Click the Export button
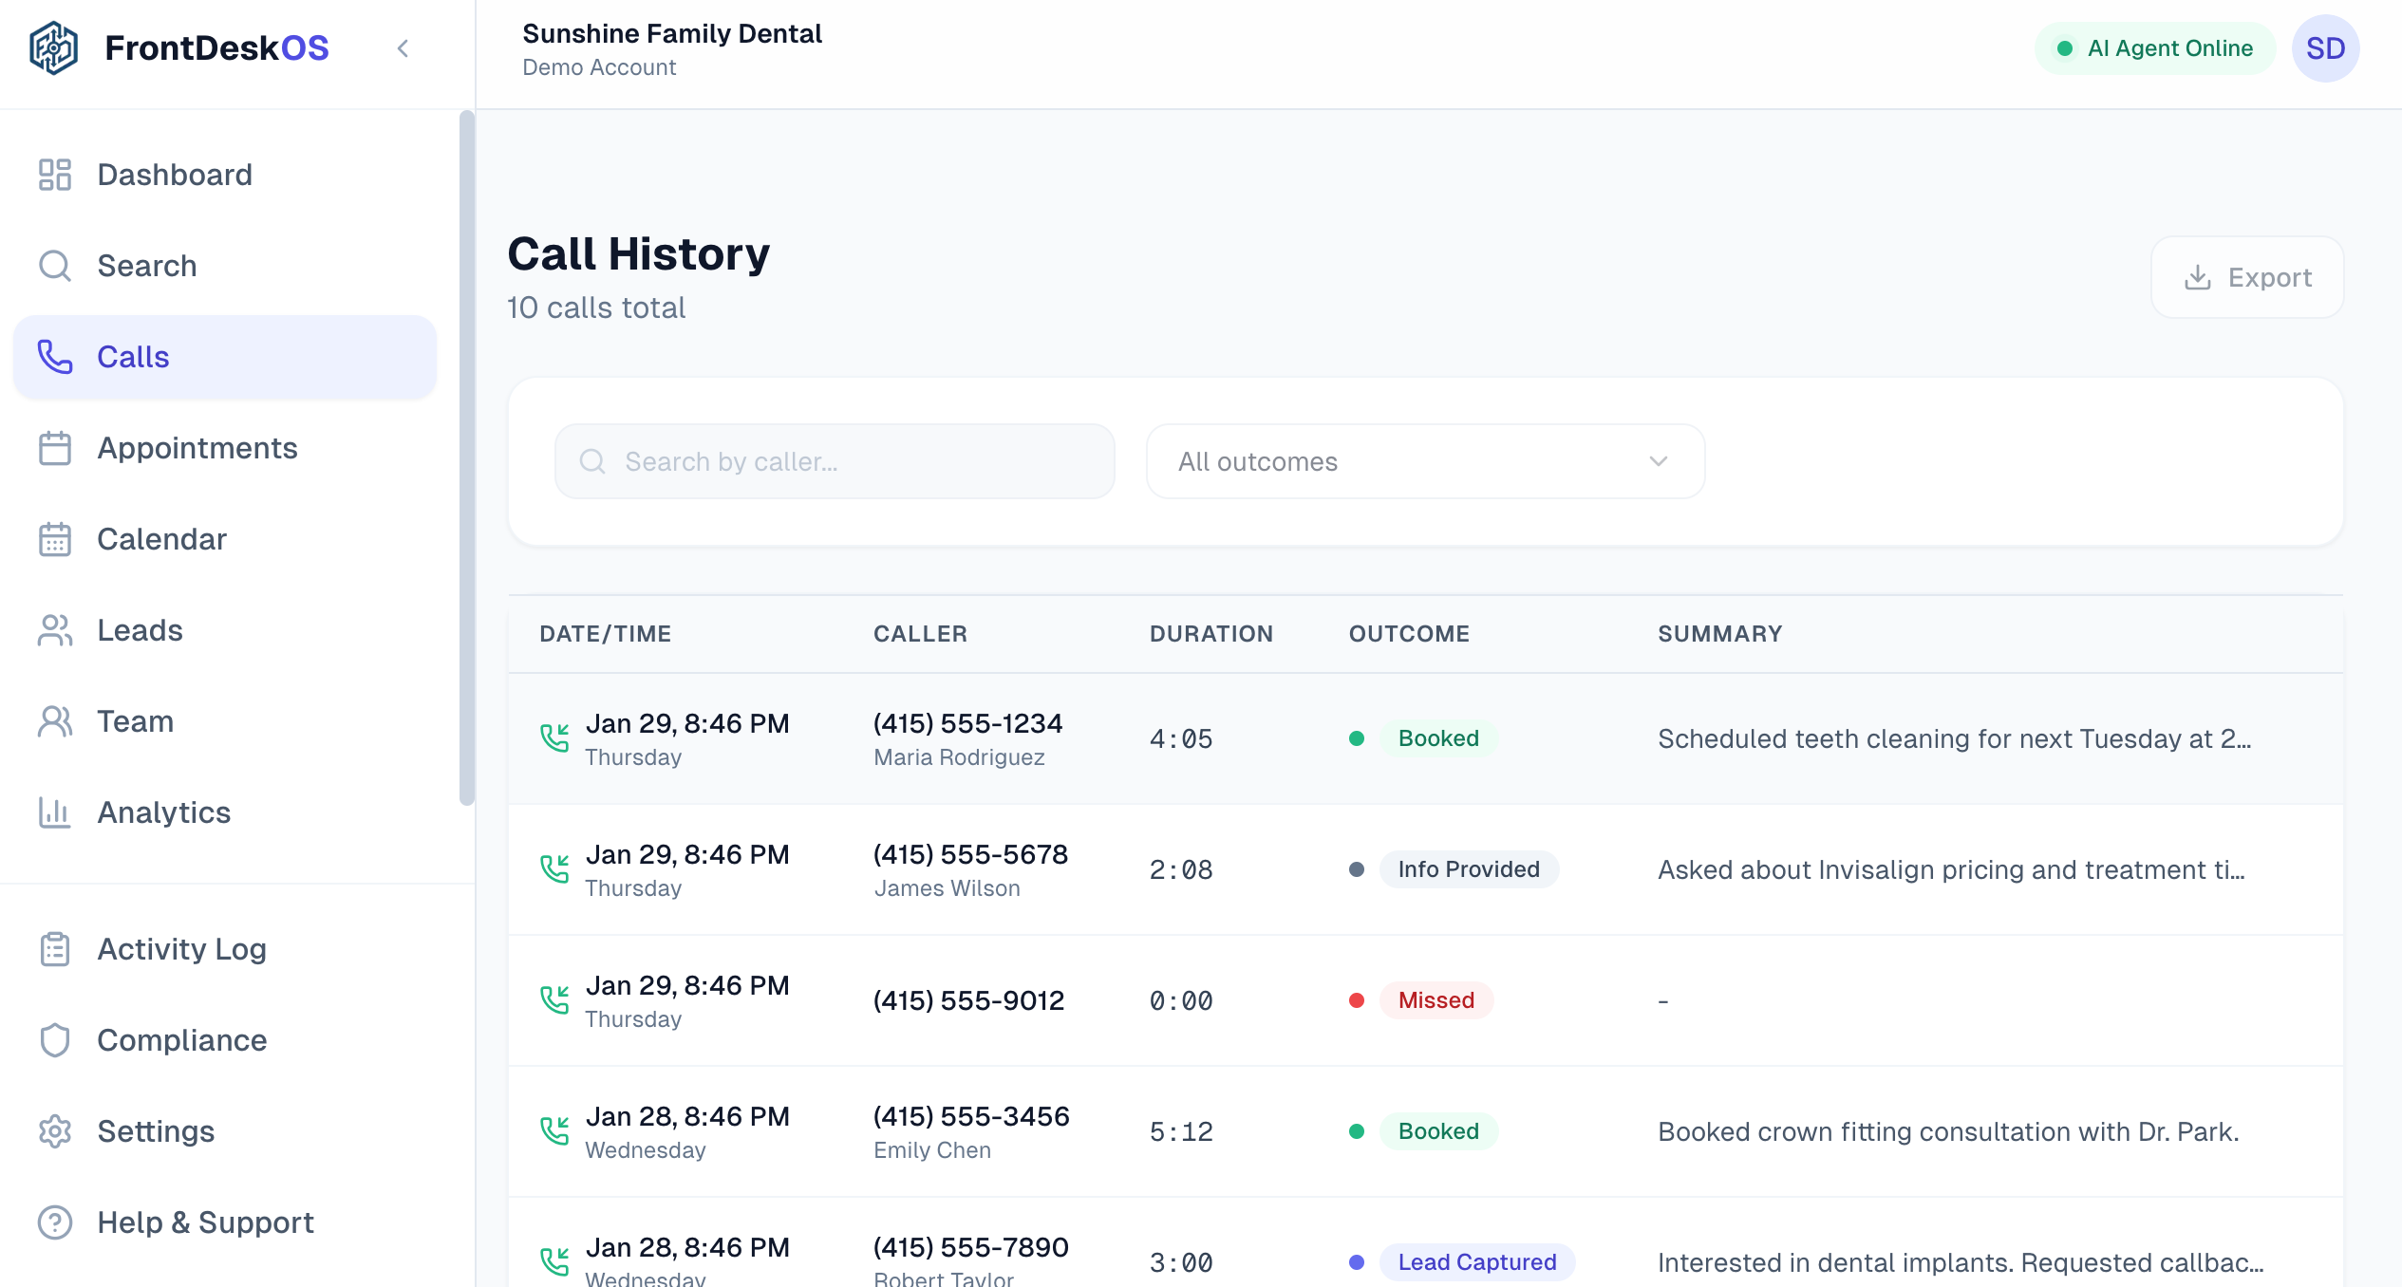point(2246,277)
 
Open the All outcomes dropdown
point(1424,461)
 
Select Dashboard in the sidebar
point(175,175)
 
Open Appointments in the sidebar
point(197,448)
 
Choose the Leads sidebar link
point(140,630)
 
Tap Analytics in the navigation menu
point(163,812)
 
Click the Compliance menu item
point(181,1040)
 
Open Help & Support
point(205,1222)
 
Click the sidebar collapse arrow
point(403,48)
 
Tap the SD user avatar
point(2325,48)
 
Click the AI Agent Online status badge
point(2155,48)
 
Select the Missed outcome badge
point(1436,1000)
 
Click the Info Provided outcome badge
point(1468,869)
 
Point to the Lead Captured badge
point(1476,1262)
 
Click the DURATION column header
point(1210,634)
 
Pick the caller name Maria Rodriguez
point(959,757)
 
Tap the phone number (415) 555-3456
point(971,1116)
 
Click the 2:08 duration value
point(1181,869)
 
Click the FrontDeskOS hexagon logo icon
point(54,48)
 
